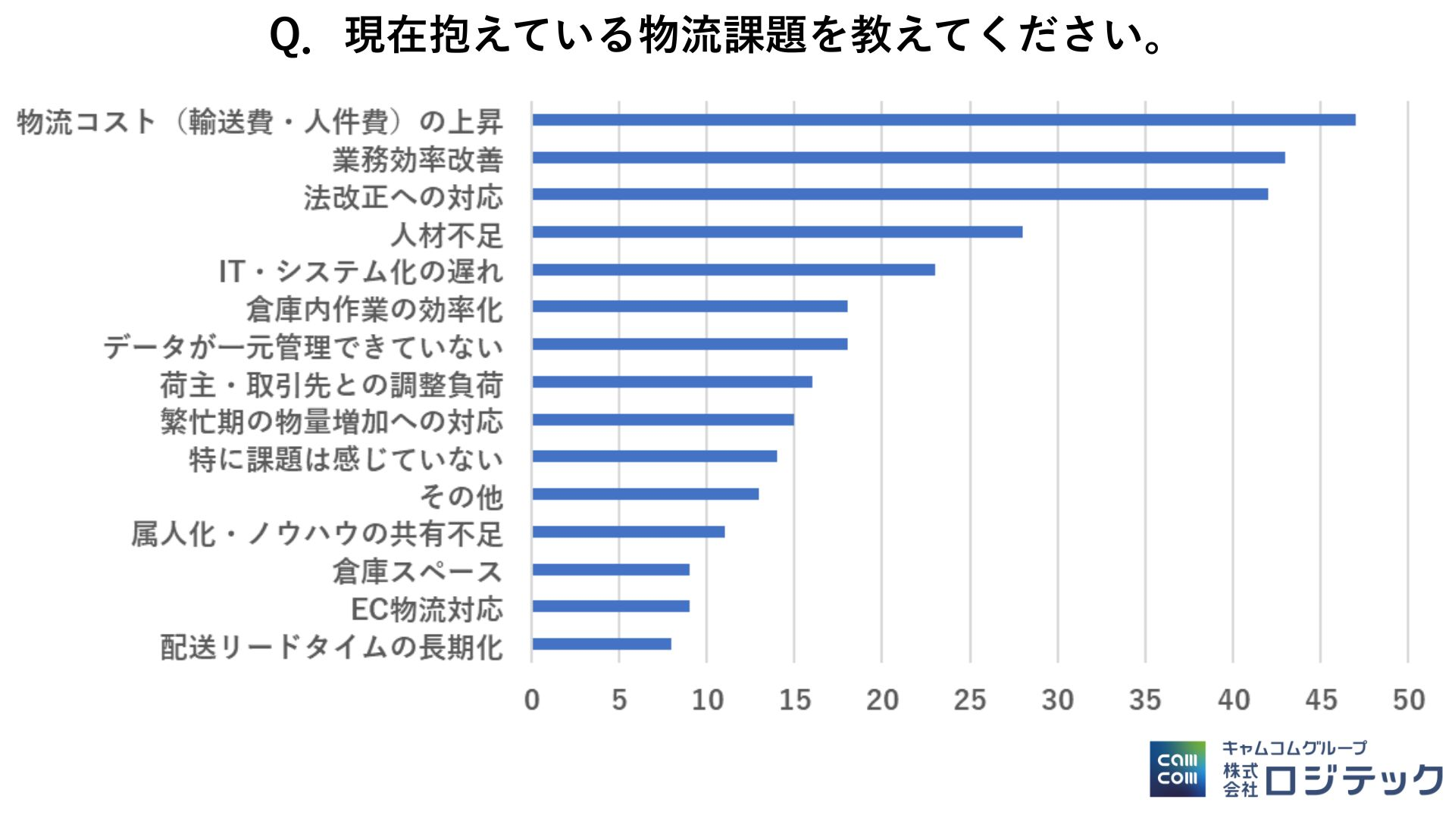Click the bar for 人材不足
click(777, 232)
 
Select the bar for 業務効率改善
click(908, 158)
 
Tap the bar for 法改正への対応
click(900, 195)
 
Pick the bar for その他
click(645, 494)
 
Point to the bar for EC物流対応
click(611, 606)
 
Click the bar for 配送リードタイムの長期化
click(602, 644)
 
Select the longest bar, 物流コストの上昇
click(943, 120)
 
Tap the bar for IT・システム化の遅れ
click(734, 270)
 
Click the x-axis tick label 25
click(969, 700)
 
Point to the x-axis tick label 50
click(1408, 700)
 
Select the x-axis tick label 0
click(532, 700)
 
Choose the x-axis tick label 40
click(1233, 700)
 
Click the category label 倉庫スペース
click(418, 572)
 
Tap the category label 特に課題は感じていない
click(346, 460)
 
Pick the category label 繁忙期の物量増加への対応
click(332, 422)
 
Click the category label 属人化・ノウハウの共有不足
click(317, 534)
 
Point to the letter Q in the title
click(285, 36)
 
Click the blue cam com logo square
click(1177, 769)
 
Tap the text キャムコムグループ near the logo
click(1294, 748)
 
